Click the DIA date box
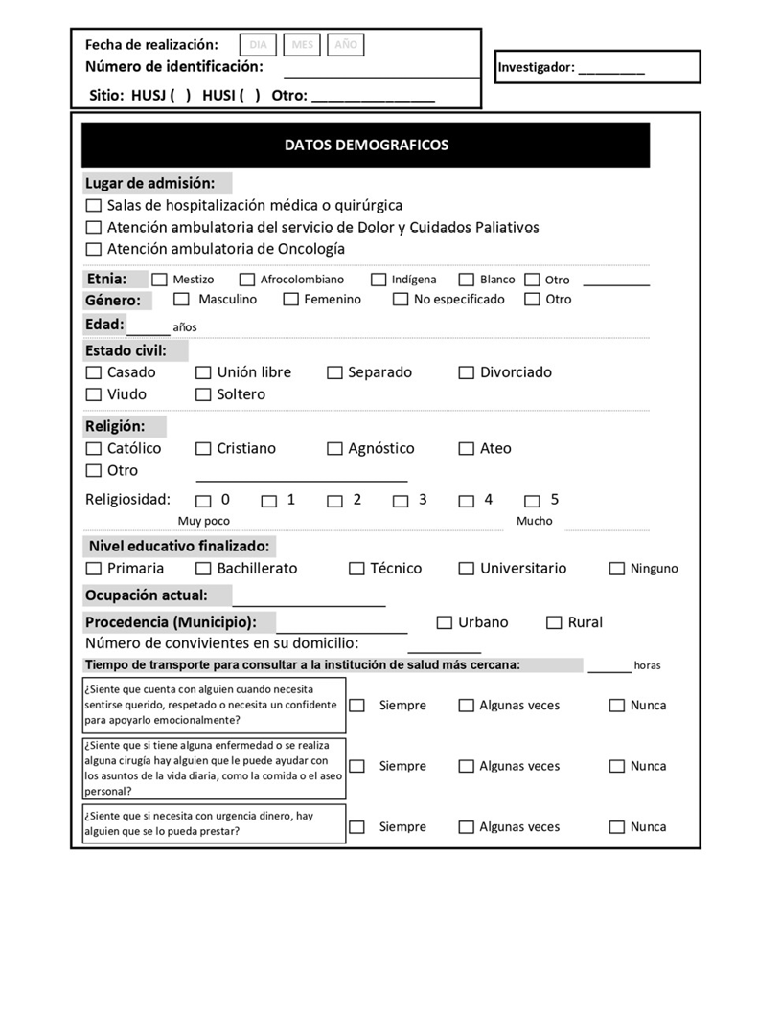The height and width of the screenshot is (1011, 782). coord(258,45)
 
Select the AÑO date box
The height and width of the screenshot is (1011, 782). coord(346,45)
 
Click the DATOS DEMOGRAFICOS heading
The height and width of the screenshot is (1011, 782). coord(366,146)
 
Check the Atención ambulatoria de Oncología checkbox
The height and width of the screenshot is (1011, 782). coord(93,250)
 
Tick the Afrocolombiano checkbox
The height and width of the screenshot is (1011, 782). coord(247,280)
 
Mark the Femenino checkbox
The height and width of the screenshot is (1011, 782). coord(291,300)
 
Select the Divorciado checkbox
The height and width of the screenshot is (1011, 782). coord(467,372)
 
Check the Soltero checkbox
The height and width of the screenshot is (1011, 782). coord(203,394)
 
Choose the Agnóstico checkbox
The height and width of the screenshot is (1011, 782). coord(334,448)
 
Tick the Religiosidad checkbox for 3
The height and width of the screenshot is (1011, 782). coord(401,501)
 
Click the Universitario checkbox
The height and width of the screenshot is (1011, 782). coord(467,569)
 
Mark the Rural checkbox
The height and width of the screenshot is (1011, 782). coord(554,623)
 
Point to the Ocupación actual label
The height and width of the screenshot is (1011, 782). coord(146,595)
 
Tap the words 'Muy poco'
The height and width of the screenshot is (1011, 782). coord(204,522)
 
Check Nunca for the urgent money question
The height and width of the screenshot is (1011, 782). coord(617,827)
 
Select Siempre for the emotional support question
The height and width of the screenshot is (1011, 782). coord(356,706)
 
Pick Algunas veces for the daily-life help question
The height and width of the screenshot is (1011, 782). coord(467,766)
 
